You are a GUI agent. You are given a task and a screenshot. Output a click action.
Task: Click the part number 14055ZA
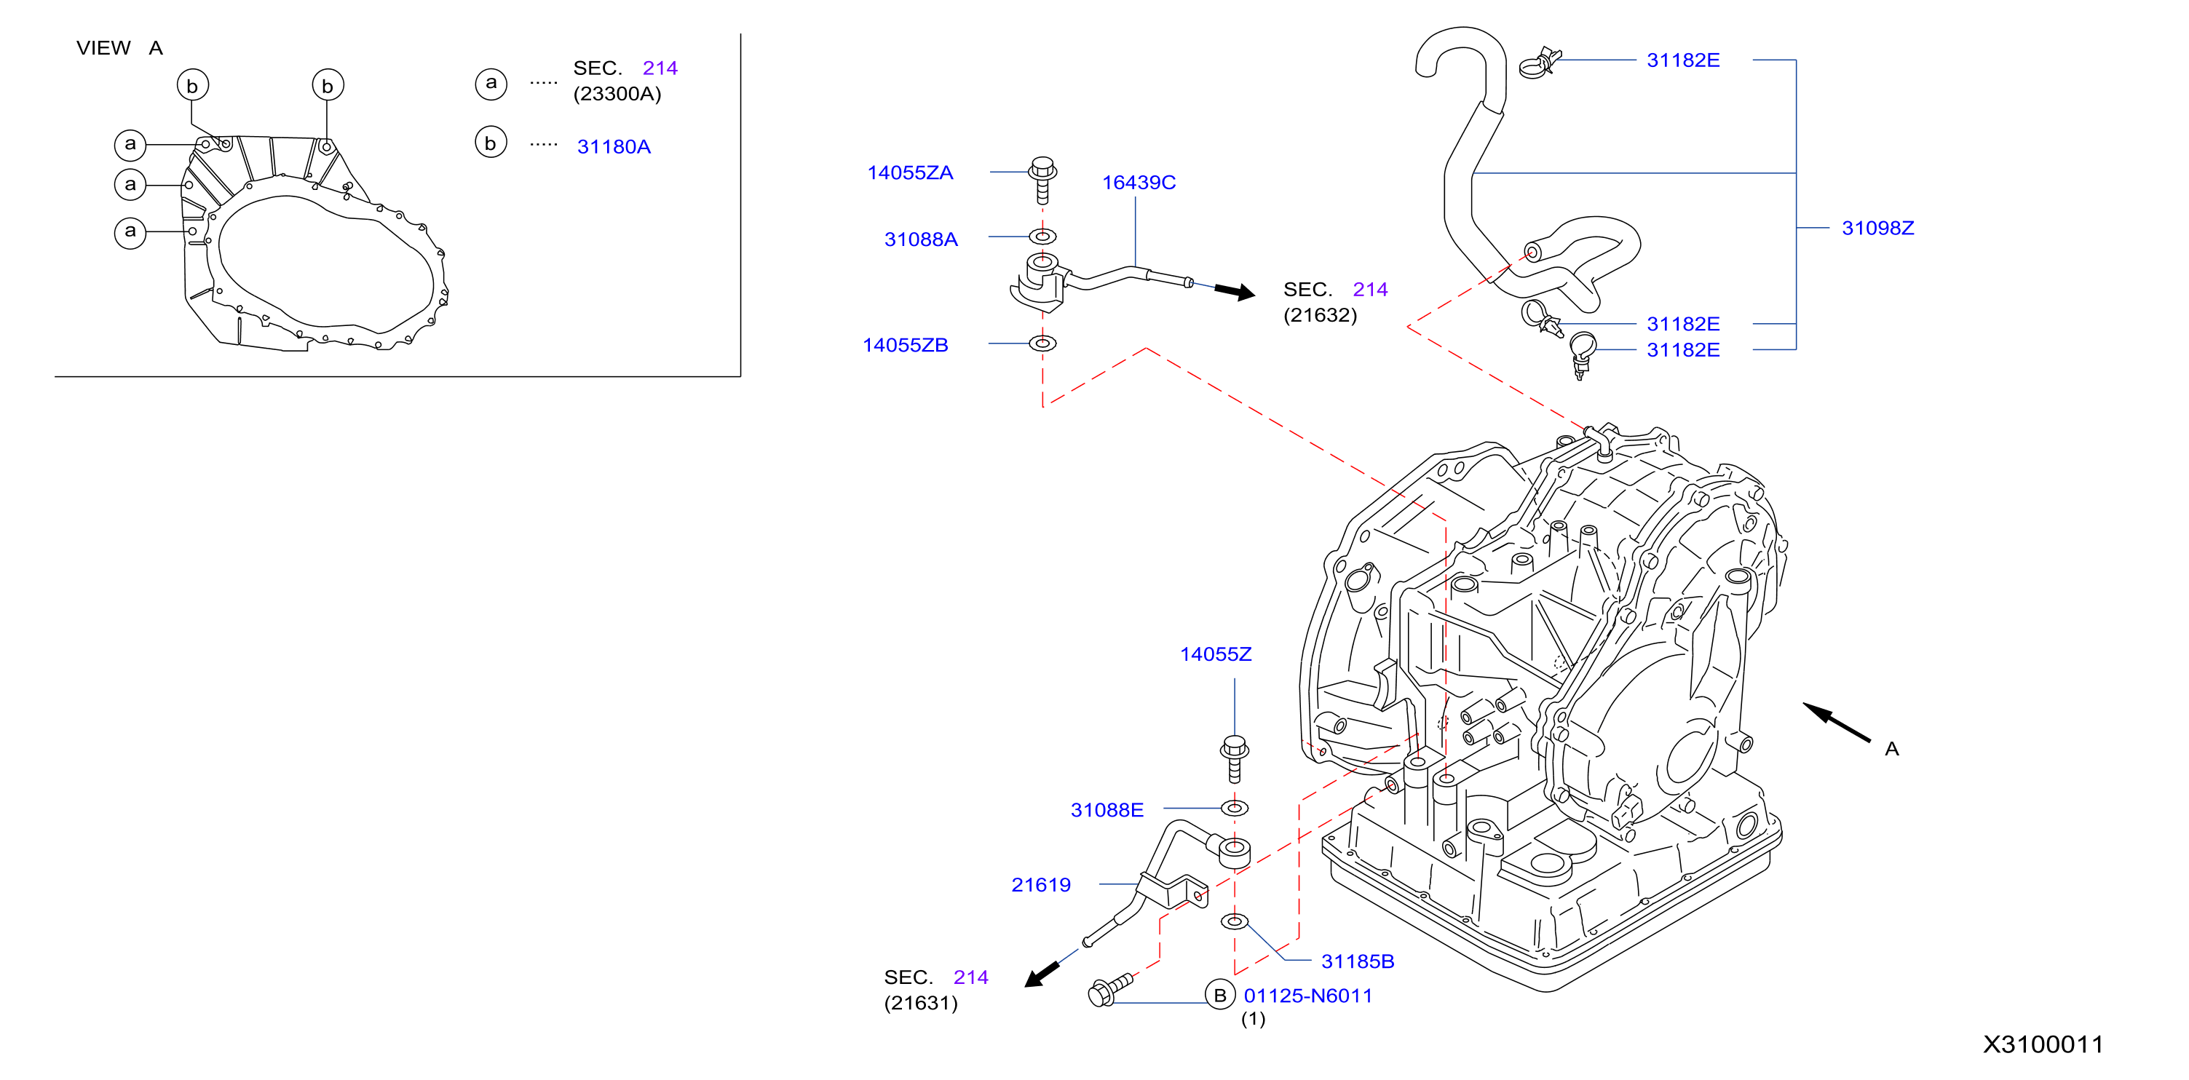pos(910,172)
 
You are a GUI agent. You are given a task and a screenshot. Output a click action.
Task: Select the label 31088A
pos(921,239)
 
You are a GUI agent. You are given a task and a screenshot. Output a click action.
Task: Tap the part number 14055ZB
pos(905,345)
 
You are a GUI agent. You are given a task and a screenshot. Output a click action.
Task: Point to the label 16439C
pos(1139,183)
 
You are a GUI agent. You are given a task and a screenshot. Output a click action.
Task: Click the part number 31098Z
pos(1878,228)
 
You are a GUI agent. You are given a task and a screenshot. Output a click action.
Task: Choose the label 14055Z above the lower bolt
pos(1215,654)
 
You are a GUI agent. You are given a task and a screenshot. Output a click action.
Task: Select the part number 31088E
pos(1107,810)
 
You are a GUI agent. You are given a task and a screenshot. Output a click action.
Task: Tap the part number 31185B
pos(1358,961)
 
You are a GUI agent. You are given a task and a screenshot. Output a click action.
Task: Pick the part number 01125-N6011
pos(1307,996)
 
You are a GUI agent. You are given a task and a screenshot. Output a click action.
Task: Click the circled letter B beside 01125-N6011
pos(1220,995)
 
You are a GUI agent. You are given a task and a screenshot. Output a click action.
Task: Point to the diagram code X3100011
pos(2043,1044)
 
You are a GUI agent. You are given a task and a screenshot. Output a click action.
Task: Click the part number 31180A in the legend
pos(614,147)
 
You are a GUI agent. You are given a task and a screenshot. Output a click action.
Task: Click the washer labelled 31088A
pos(1042,237)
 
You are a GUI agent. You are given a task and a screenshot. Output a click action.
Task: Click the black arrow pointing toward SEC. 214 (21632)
pos(1235,291)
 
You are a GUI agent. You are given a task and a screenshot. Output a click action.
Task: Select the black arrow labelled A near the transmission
pos(1837,722)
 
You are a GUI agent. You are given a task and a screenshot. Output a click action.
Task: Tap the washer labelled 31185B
pos(1235,921)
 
